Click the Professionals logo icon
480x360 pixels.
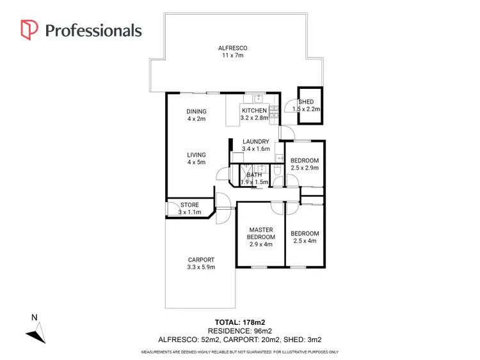[29, 29]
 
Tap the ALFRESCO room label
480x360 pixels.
[233, 48]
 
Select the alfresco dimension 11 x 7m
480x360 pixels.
[233, 56]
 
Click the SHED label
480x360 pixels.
[306, 102]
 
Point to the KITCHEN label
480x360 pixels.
[254, 111]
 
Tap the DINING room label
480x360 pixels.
[196, 111]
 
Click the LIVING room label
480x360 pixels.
[196, 155]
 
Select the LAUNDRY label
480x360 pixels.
[255, 142]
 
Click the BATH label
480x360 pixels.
[254, 175]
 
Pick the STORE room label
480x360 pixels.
[189, 205]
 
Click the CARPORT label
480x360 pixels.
[200, 260]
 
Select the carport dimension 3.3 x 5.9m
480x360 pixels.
[200, 267]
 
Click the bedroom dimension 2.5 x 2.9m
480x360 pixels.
[305, 168]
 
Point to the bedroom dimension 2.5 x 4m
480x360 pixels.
[305, 241]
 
